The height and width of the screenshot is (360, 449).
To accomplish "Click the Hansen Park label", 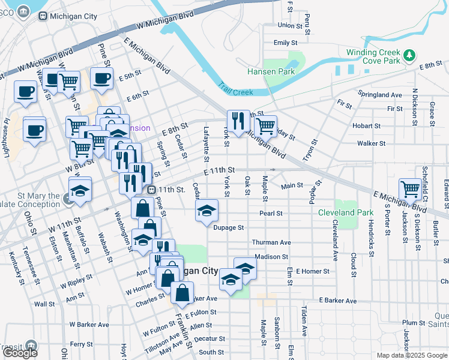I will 271,71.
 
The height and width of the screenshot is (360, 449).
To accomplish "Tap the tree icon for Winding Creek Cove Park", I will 410,56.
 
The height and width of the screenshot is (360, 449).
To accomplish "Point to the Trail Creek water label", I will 235,89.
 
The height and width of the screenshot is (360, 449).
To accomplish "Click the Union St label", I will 290,25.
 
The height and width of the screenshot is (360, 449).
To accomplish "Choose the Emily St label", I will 285,43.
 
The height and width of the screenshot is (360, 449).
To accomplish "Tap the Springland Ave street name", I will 379,95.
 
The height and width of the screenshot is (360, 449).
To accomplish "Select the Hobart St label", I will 366,126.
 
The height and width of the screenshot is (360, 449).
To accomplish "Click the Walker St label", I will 371,143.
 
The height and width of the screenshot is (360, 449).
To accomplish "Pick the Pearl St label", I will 271,213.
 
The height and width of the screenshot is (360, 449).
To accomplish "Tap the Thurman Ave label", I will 271,242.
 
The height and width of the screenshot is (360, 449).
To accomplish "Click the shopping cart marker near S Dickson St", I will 411,188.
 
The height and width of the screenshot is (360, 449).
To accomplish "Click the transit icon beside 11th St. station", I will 152,190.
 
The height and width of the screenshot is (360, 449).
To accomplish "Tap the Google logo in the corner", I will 20,352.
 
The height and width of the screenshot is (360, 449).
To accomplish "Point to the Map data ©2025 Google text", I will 411,355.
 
